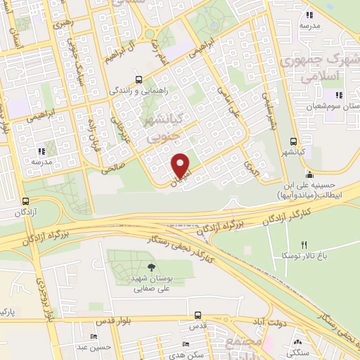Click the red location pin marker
tap(181, 165)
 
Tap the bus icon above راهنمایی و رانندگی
tap(139, 79)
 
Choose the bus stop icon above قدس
tap(198, 316)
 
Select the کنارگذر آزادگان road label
tap(266, 220)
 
